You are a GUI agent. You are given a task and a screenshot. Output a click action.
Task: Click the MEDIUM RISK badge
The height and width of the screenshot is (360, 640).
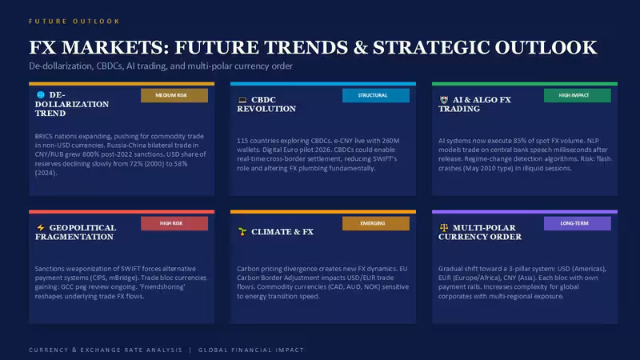click(x=174, y=95)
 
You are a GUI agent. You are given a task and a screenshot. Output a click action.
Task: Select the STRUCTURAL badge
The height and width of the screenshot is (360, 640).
click(x=376, y=95)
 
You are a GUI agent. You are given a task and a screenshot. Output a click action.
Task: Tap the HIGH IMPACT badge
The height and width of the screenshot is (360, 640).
click(x=577, y=95)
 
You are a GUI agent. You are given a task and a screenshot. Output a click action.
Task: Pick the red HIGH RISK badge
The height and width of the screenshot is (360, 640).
click(x=174, y=223)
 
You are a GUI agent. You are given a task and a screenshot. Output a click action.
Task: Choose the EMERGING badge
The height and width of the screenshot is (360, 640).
click(x=376, y=223)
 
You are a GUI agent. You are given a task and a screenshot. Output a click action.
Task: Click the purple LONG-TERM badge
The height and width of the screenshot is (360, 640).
click(x=577, y=223)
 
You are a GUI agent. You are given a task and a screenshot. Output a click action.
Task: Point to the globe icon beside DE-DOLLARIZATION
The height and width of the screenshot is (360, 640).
click(x=41, y=94)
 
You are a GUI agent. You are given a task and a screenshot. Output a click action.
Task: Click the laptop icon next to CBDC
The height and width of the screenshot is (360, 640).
click(x=242, y=99)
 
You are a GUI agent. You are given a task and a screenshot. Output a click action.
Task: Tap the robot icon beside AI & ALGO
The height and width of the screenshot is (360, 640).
click(x=444, y=99)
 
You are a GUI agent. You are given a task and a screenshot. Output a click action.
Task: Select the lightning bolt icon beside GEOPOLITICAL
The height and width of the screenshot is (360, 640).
click(x=41, y=227)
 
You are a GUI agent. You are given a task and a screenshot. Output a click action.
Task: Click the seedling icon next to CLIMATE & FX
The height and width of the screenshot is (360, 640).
click(x=242, y=232)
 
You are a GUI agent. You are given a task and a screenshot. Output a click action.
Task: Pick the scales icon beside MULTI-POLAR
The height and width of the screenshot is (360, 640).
click(x=444, y=227)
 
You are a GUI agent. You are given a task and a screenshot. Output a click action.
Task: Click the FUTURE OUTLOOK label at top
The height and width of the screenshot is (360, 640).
click(x=74, y=22)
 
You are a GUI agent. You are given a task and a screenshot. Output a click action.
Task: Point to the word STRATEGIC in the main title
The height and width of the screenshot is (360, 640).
click(x=431, y=47)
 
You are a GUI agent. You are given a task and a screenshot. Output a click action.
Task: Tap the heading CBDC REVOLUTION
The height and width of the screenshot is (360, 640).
click(x=266, y=104)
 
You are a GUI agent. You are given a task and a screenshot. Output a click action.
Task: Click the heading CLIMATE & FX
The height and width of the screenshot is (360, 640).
click(x=282, y=232)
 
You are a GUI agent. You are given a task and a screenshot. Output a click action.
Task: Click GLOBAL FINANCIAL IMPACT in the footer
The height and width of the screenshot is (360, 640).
click(x=251, y=350)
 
